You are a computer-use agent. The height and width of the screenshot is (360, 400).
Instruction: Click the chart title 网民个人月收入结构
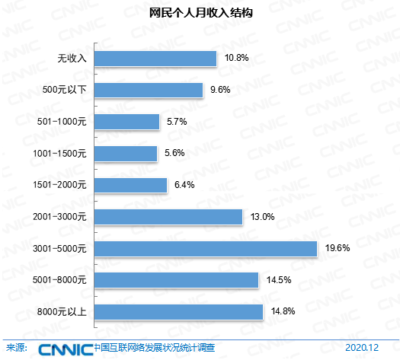coord(201,13)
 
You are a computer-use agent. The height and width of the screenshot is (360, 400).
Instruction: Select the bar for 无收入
coord(155,59)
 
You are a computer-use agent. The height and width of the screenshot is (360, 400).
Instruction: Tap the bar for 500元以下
coord(149,91)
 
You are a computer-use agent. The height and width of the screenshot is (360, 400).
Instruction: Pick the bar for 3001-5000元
coord(206,249)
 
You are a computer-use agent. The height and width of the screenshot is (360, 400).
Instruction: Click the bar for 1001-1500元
coord(126,154)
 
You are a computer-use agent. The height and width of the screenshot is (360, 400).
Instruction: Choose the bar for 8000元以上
coord(178,312)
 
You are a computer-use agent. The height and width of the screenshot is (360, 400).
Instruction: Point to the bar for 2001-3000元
coord(168,217)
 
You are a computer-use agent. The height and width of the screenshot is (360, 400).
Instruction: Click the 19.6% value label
coord(338,248)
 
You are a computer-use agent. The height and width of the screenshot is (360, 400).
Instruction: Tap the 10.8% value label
coord(236,58)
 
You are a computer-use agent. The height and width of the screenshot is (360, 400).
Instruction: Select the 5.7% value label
coord(177,122)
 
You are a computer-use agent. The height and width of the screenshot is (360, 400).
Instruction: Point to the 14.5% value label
coord(279,280)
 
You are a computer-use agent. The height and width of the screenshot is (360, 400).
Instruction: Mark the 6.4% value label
coord(184,185)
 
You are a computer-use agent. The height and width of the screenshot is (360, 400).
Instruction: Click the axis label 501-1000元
coord(62,122)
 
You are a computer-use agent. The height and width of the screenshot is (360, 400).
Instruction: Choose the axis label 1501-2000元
coord(59,185)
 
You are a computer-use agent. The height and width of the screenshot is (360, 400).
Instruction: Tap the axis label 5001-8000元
coord(59,280)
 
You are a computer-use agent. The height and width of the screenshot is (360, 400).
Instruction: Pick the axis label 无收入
coord(72,59)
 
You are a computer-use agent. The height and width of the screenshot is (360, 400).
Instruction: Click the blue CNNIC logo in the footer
coord(66,349)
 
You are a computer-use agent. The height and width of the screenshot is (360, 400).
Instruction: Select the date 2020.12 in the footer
coord(362,348)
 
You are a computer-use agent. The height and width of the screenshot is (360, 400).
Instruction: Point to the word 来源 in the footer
coord(14,348)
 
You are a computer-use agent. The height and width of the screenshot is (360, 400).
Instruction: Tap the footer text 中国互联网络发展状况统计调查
coord(155,348)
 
